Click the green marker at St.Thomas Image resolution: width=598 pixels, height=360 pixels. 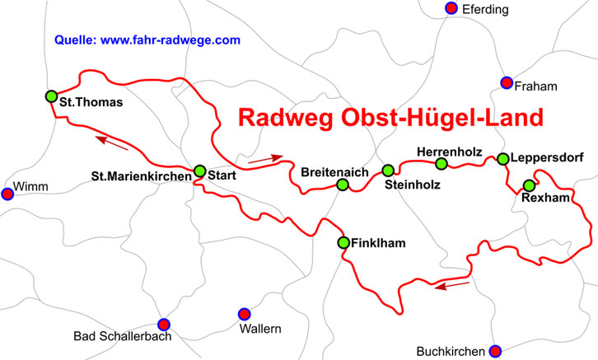click(51, 96)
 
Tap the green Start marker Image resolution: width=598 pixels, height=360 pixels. click(199, 171)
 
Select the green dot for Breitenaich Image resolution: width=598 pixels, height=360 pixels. click(343, 185)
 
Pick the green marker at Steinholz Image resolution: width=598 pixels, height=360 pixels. click(388, 171)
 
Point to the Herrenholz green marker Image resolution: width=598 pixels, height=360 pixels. click(441, 164)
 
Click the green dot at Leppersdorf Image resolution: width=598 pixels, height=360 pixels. click(502, 159)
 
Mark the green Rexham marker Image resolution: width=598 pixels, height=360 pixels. click(529, 185)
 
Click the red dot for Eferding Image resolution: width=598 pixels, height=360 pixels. click(451, 8)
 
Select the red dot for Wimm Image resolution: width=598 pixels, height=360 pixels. click(7, 194)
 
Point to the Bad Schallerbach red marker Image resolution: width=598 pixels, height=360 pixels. click(163, 324)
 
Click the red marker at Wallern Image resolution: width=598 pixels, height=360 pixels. click(244, 314)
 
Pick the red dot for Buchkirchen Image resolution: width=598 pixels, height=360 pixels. click(495, 350)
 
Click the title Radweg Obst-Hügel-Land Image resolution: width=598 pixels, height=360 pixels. click(391, 118)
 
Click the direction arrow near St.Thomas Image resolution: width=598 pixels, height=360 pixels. click(112, 143)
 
